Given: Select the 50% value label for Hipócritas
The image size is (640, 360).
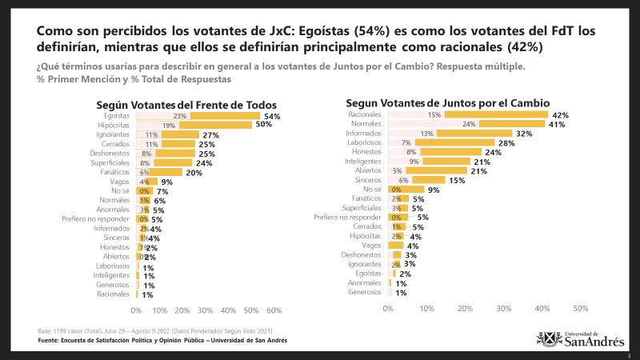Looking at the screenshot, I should [265, 126].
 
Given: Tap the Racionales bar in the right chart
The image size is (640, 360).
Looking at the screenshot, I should [496, 114].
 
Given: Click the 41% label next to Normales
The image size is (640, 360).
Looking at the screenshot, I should [558, 124].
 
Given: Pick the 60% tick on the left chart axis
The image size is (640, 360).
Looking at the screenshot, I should [274, 310].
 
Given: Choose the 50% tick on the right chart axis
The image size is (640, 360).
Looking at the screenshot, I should [581, 308].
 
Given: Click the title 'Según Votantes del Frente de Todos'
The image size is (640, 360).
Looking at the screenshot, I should [186, 104].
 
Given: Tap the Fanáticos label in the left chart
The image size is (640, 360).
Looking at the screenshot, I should [115, 172].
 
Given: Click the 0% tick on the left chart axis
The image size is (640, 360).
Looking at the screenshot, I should [136, 310].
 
